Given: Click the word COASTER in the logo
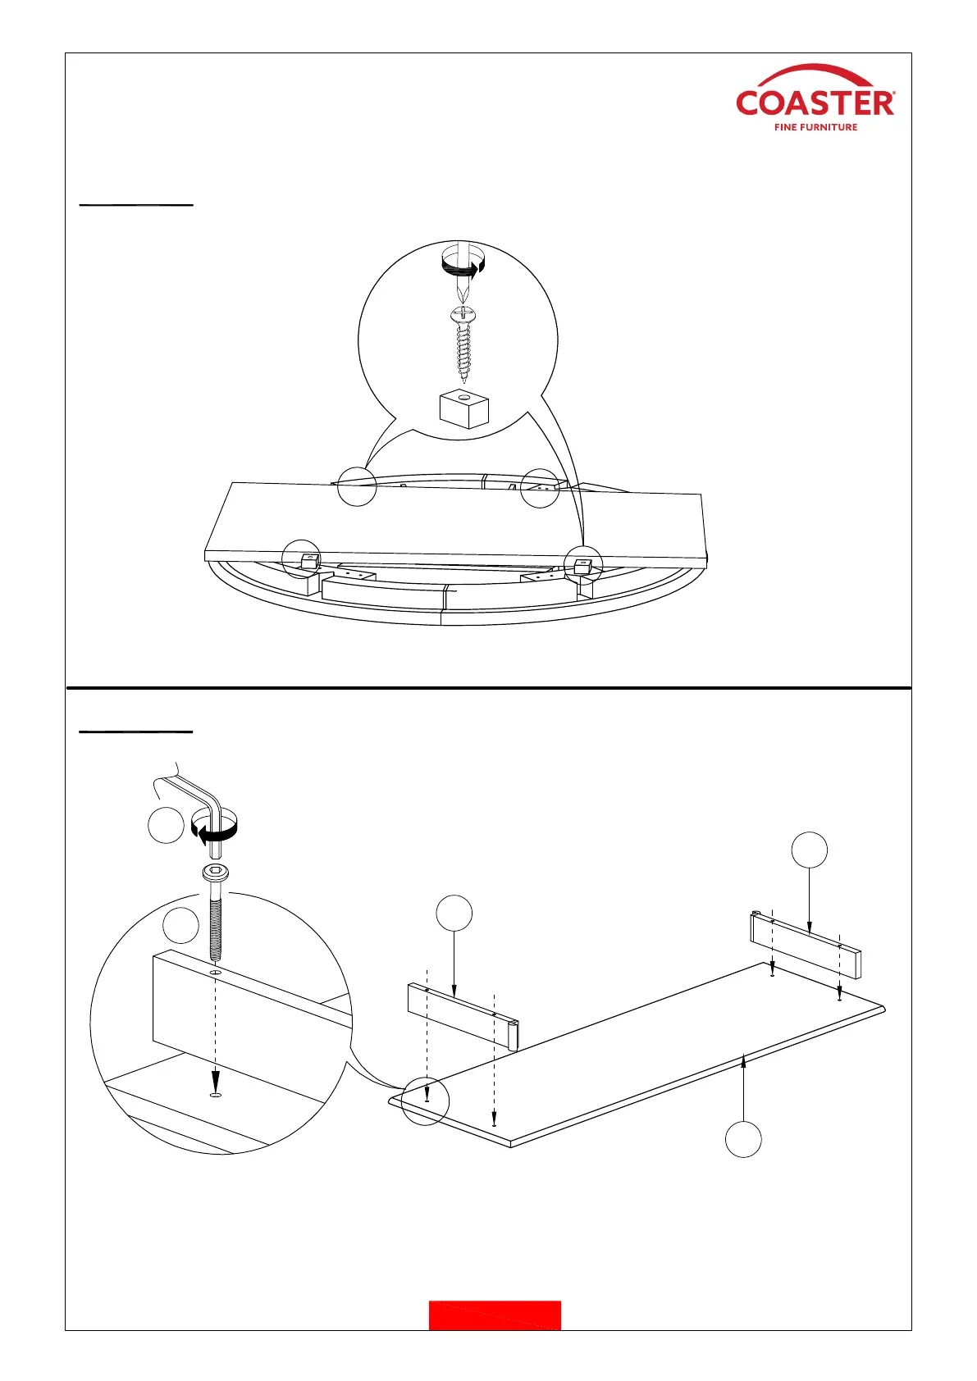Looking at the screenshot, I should pyautogui.click(x=815, y=103).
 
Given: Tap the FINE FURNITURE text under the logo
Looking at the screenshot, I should pyautogui.click(x=815, y=127).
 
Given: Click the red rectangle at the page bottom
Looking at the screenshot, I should pyautogui.click(x=495, y=1315).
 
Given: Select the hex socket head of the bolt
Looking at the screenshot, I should pyautogui.click(x=216, y=873).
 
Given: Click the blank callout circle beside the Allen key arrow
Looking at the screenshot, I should pyautogui.click(x=166, y=826).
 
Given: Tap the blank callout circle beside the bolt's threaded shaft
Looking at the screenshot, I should pyautogui.click(x=180, y=926).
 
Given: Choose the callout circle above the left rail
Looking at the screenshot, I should pyautogui.click(x=454, y=914).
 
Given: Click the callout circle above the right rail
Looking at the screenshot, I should pyautogui.click(x=809, y=850).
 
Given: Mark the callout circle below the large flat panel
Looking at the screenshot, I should pyautogui.click(x=743, y=1139).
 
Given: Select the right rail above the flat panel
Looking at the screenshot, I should pyautogui.click(x=806, y=946).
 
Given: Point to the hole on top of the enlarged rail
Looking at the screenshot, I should pyautogui.click(x=215, y=973).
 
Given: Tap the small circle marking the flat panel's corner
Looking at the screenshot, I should pyautogui.click(x=425, y=1100).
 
